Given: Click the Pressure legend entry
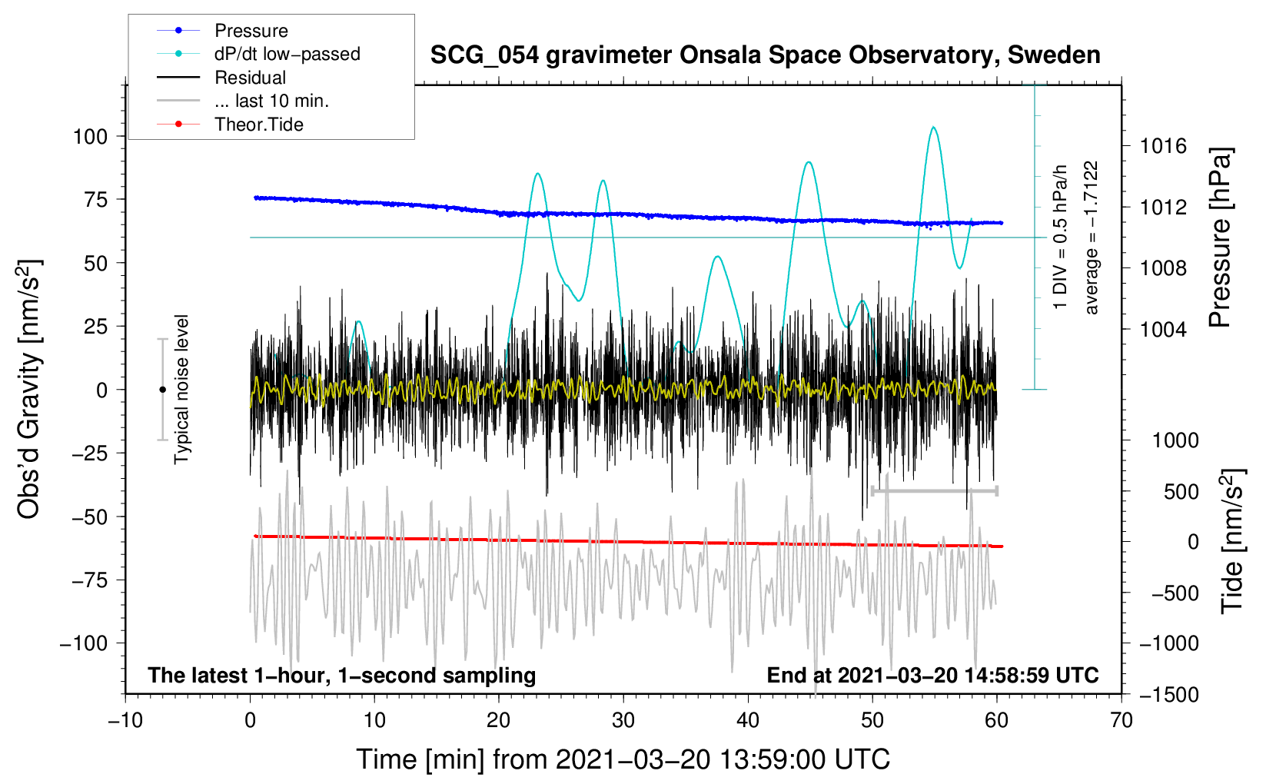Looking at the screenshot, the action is pyautogui.click(x=223, y=30).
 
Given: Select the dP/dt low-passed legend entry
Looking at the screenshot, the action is pyautogui.click(x=258, y=54).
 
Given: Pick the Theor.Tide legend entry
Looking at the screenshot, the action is pyautogui.click(x=230, y=125).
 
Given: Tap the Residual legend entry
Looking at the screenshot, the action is pyautogui.click(x=221, y=78).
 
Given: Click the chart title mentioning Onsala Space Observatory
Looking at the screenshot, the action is pyautogui.click(x=765, y=55).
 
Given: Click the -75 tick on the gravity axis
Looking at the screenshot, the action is pyautogui.click(x=89, y=580).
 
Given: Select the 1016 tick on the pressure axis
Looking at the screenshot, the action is pyautogui.click(x=1163, y=147).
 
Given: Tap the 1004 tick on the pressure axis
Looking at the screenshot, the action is pyautogui.click(x=1163, y=329).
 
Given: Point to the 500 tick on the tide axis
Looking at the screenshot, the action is pyautogui.click(x=1181, y=492).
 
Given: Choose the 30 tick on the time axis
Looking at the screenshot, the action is pyautogui.click(x=623, y=720).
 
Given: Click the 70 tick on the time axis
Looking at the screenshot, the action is pyautogui.click(x=1121, y=720).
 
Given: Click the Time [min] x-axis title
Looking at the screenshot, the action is pyautogui.click(x=623, y=759).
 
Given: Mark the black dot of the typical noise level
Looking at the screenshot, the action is pyautogui.click(x=162, y=390).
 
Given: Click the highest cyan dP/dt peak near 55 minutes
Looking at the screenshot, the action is pyautogui.click(x=933, y=127).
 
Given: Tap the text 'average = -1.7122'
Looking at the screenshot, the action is pyautogui.click(x=1091, y=237).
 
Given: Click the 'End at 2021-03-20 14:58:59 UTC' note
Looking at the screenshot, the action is pyautogui.click(x=933, y=675).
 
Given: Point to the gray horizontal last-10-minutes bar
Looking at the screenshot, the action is pyautogui.click(x=934, y=490).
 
